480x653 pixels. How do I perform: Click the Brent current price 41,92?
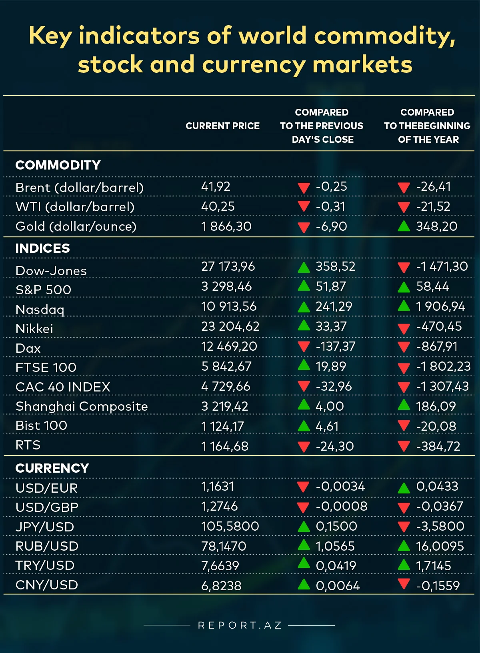tap(216, 187)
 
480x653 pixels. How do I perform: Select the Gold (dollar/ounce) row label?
tap(76, 226)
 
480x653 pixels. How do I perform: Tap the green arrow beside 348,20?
tap(404, 226)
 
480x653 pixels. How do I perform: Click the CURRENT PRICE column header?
tap(222, 126)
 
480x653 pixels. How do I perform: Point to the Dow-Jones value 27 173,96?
tap(228, 266)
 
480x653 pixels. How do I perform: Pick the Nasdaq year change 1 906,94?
tap(440, 307)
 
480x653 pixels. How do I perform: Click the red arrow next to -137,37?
tap(304, 346)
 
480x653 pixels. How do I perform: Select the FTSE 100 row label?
tap(46, 367)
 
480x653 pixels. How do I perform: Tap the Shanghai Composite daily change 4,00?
tap(330, 406)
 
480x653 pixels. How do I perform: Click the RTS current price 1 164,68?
tap(225, 446)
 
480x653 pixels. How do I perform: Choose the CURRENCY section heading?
tap(52, 468)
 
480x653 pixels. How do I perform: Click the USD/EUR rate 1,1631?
tap(217, 486)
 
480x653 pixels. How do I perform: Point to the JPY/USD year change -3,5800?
tap(440, 526)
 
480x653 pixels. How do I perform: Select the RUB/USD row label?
tap(47, 546)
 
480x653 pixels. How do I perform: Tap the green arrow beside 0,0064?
tap(304, 585)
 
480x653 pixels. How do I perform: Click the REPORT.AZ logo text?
tap(240, 625)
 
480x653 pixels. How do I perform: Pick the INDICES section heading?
tap(42, 248)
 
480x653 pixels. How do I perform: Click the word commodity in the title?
tap(384, 36)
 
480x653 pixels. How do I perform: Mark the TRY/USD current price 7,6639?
tap(220, 566)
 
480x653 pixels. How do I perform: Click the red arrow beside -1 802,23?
tap(404, 367)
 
